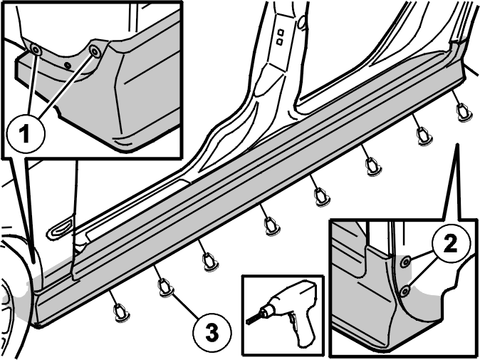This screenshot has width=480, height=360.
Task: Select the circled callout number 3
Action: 212,333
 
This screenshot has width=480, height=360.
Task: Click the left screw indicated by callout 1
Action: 36,50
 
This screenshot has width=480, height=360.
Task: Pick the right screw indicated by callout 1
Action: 94,51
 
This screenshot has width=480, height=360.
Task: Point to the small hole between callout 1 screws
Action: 68,65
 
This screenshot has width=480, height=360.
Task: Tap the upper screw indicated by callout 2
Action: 406,261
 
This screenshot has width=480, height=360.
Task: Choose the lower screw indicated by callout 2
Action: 405,291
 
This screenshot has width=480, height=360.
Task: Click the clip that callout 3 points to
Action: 166,288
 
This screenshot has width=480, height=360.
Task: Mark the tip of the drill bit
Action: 247,322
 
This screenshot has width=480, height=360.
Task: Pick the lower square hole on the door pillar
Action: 279,41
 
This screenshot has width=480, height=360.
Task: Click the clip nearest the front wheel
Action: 122,312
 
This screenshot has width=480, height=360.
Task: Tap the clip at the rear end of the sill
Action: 463,112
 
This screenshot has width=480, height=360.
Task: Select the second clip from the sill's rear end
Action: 424,135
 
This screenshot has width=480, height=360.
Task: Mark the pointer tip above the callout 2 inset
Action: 456,143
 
